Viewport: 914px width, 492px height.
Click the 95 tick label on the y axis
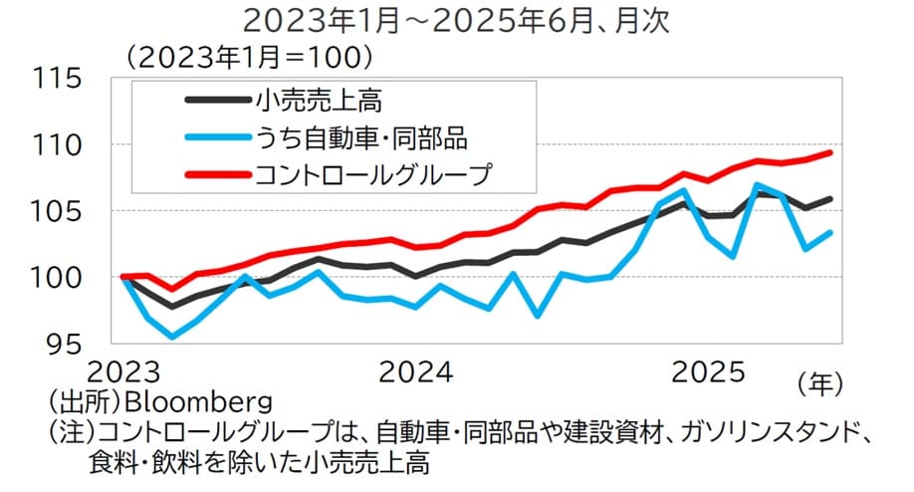[66, 343]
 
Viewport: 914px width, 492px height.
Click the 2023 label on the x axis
[125, 373]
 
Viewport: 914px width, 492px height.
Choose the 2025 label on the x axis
[709, 373]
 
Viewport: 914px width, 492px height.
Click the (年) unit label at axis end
[820, 380]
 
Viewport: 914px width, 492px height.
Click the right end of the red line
[830, 152]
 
